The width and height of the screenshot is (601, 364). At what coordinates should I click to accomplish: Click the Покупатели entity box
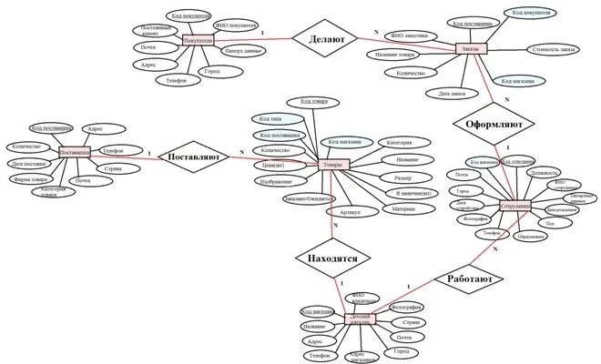198,41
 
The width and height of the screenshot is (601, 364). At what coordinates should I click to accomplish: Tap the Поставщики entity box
74,154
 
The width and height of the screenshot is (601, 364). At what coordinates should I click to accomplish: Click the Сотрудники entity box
516,207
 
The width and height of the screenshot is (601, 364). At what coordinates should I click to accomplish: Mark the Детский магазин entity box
362,319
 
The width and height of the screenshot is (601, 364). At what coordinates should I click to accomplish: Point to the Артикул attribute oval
349,212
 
